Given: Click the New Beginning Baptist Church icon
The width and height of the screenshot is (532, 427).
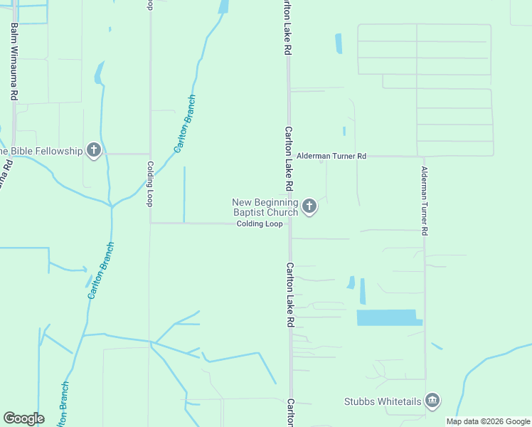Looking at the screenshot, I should coord(309,206).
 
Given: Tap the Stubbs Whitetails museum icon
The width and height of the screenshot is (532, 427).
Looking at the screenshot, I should coord(432,401).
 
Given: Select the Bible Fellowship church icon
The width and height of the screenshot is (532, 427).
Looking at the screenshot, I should coord(93,150).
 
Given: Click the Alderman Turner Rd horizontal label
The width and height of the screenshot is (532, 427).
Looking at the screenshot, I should coord(331,156).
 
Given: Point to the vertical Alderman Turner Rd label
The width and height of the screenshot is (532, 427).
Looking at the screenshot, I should coord(425,201).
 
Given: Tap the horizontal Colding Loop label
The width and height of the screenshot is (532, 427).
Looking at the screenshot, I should coord(260,223).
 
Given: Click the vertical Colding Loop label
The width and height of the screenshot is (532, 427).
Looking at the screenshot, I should coord(150,184).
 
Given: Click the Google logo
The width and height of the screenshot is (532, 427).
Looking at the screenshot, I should coord(23,418).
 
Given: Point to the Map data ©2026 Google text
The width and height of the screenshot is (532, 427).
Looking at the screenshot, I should coord(488,421).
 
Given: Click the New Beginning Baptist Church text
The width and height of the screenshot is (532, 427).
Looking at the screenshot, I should coord(265,207).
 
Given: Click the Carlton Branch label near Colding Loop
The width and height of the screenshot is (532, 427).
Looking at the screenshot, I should coord(185,124).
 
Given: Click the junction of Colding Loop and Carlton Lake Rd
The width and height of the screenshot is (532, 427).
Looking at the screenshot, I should coord(289,223).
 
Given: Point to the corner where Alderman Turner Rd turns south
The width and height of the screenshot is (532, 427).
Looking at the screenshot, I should coord(424,157).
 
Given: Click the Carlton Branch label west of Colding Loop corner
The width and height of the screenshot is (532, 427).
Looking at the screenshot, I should coord(100,270).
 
